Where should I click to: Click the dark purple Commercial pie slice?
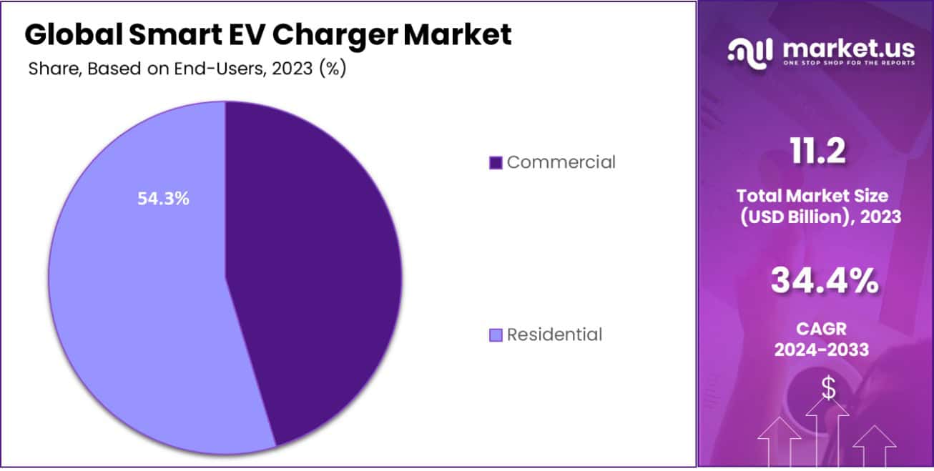click(x=315, y=272)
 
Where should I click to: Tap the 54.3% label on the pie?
click(x=163, y=199)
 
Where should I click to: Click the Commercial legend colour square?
click(x=496, y=163)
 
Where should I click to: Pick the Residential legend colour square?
click(x=496, y=334)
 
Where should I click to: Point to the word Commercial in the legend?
click(x=561, y=162)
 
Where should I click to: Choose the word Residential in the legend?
click(x=554, y=334)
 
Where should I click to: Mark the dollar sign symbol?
click(x=828, y=387)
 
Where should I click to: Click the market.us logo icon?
click(x=750, y=50)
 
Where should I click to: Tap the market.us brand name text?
click(x=848, y=47)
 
